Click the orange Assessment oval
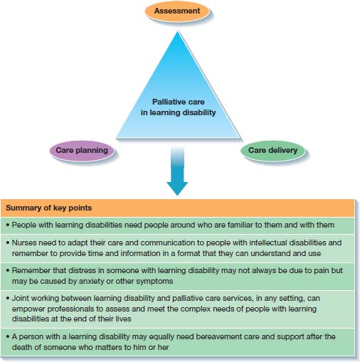point(176,11)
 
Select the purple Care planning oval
point(82,149)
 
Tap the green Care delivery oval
point(272,149)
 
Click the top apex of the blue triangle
point(177,31)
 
